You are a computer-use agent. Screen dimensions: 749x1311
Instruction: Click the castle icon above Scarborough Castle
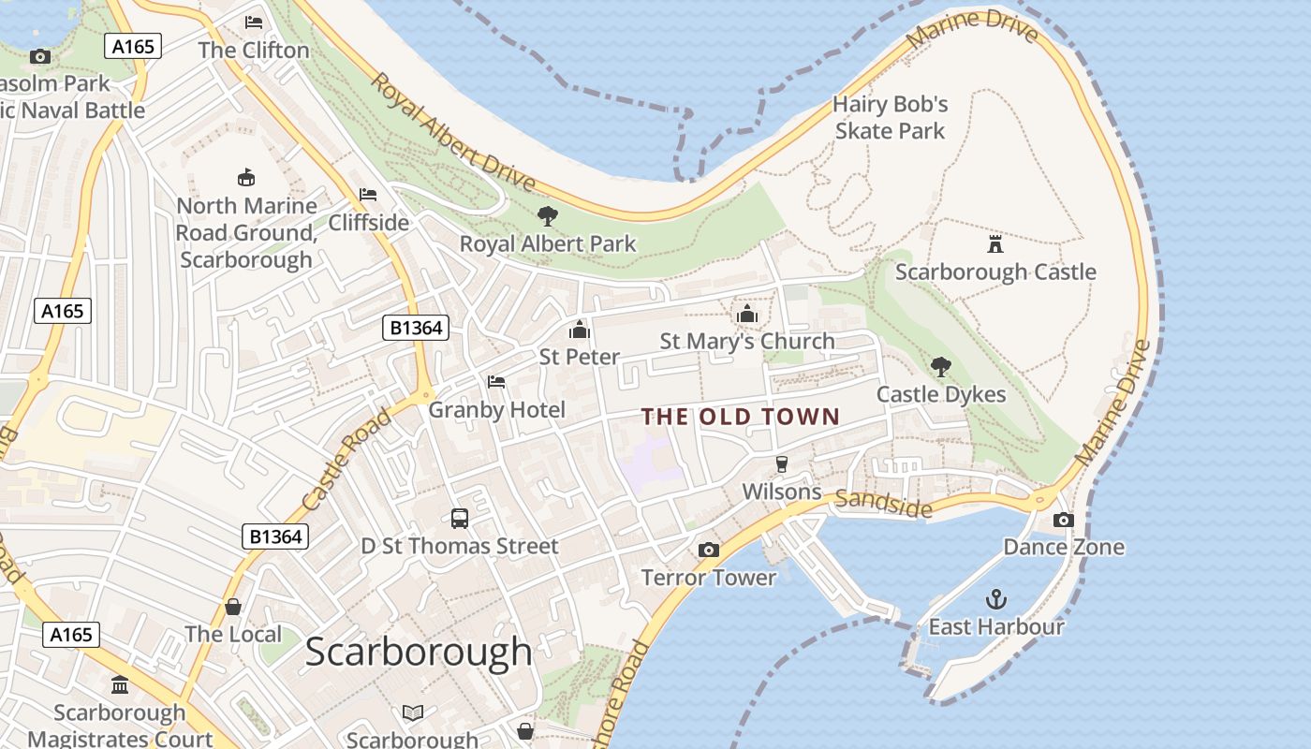tap(995, 244)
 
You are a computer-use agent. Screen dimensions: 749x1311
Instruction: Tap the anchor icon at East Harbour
tap(996, 598)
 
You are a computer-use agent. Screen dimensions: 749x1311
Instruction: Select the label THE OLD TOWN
tap(740, 417)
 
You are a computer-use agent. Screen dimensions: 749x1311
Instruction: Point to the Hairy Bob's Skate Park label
tap(891, 117)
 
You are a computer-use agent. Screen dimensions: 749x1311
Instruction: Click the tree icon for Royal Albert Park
tap(548, 217)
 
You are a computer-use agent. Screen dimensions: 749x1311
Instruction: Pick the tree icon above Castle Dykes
tap(941, 367)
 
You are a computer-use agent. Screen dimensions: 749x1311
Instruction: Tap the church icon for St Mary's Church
tap(746, 315)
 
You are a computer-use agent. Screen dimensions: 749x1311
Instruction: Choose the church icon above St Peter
tap(579, 330)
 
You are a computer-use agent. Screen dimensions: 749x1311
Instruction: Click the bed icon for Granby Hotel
tap(496, 382)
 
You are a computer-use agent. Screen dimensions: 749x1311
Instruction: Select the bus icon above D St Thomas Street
tap(460, 519)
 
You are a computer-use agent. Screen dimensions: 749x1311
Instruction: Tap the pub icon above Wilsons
tap(781, 464)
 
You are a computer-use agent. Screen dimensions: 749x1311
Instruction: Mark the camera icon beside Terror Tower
tap(709, 550)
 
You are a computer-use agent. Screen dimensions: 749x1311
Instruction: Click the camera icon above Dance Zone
tap(1063, 520)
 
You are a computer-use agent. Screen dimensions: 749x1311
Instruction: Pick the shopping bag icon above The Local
tap(233, 608)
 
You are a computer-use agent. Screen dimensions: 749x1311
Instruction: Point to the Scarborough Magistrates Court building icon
tap(120, 685)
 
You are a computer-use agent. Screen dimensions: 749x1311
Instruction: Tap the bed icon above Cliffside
tap(368, 195)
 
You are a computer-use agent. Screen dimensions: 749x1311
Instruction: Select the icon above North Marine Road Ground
tap(246, 177)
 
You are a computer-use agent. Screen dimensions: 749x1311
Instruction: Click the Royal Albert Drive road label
tap(452, 132)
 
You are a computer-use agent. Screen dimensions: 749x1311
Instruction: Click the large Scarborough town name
tap(419, 652)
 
